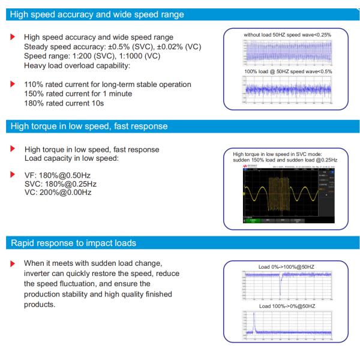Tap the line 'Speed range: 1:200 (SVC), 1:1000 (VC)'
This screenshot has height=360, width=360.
coord(92,56)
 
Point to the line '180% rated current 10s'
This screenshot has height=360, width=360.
coord(64,103)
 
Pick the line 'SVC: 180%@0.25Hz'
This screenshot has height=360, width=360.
coord(61,184)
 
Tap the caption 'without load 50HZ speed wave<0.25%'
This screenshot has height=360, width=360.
coord(287,35)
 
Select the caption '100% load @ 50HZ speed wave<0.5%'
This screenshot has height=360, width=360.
coord(287,71)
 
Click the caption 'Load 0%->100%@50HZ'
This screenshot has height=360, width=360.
coord(287,267)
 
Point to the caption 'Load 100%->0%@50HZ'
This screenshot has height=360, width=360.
coord(287,306)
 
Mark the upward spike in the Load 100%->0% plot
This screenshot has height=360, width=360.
coord(253,324)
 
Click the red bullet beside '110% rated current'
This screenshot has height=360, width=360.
coord(14,85)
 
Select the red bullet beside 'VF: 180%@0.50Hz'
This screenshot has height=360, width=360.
coord(14,175)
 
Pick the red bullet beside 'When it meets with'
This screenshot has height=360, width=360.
coord(14,263)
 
